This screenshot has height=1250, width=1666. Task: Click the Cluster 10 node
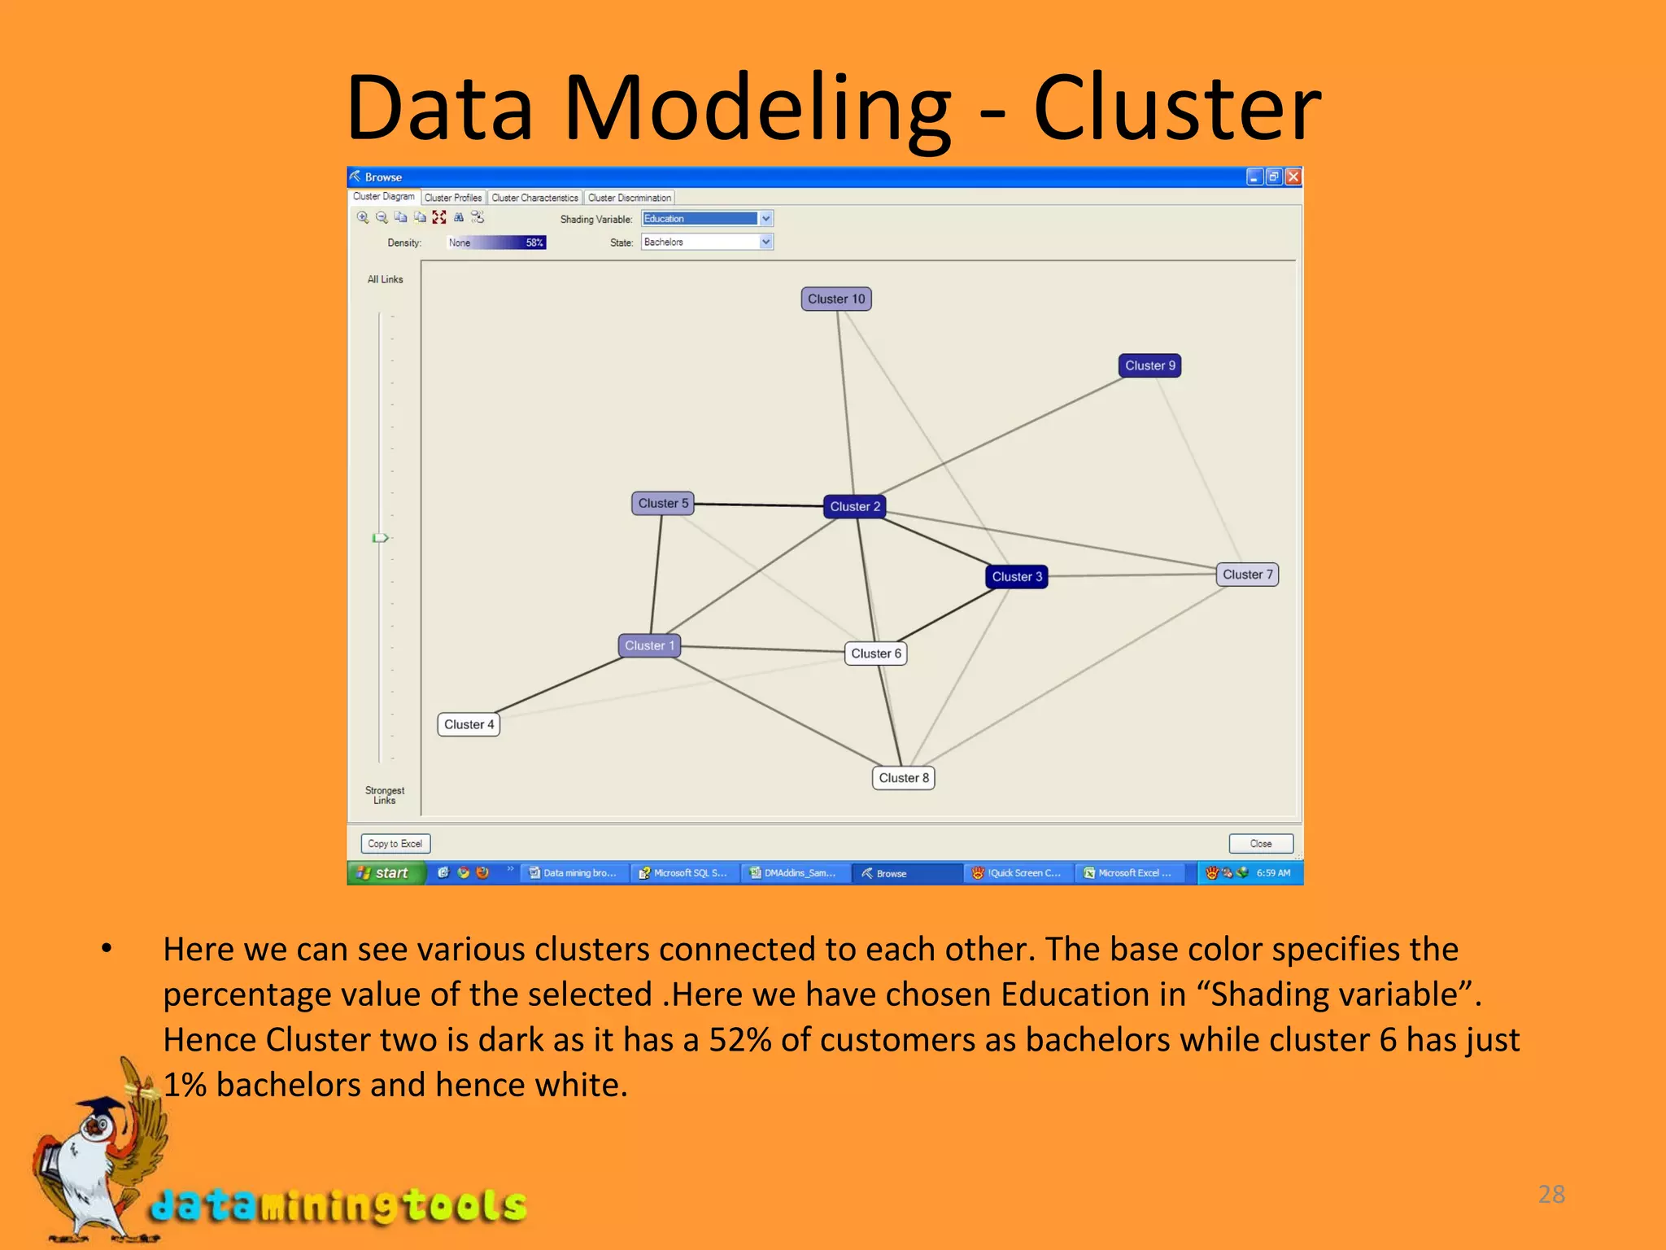tap(836, 299)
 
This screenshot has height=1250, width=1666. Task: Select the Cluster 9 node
tap(1149, 366)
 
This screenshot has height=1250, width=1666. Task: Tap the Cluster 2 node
tap(854, 507)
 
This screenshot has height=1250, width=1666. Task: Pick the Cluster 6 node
tap(875, 653)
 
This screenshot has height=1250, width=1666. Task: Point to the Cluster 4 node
tap(469, 724)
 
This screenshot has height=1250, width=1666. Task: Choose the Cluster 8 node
tap(903, 778)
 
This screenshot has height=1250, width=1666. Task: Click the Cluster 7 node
tap(1247, 575)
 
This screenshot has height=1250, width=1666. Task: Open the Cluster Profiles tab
tap(453, 198)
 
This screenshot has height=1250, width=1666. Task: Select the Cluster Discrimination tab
tap(630, 198)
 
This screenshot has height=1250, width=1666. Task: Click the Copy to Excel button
tap(395, 844)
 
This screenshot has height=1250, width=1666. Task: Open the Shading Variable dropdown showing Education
tap(707, 219)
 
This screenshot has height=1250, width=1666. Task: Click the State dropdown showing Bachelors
tap(707, 243)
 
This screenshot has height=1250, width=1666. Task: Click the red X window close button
tap(1293, 177)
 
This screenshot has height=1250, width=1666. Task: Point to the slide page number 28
tap(1551, 1194)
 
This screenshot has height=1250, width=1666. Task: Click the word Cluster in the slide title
tap(1176, 108)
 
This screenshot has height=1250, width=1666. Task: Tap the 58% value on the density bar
tap(534, 243)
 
